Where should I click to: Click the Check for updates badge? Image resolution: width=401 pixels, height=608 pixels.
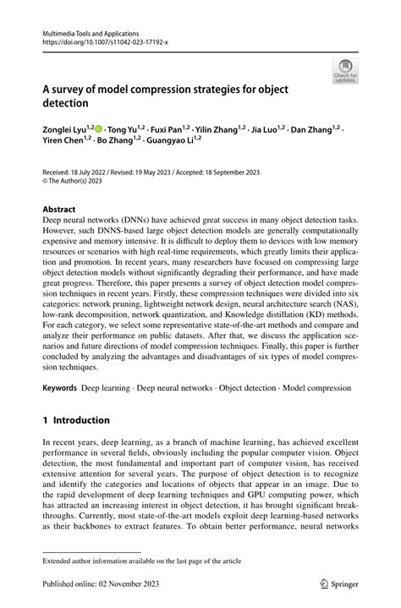pos(345,71)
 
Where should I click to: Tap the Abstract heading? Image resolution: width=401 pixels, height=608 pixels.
pos(59,208)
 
